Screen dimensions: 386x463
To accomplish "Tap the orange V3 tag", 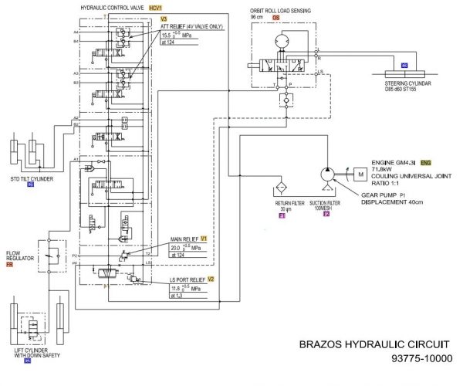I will [x=163, y=18].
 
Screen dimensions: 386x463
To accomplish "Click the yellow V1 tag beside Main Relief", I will [x=204, y=239].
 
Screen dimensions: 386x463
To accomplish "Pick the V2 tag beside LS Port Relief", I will [x=210, y=279].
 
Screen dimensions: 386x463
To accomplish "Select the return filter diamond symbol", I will [x=282, y=188].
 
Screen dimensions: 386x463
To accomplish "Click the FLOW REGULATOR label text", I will [x=19, y=256].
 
